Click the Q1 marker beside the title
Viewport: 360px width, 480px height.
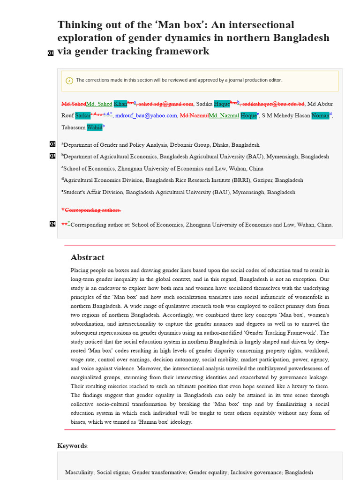[x=51, y=53]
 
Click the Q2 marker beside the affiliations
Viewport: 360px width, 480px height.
[x=52, y=144]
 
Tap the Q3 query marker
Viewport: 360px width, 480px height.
[x=52, y=156]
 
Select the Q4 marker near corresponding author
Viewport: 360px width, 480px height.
[x=52, y=224]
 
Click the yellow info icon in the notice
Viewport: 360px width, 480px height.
[x=69, y=80]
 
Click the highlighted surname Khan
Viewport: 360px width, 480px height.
[x=120, y=104]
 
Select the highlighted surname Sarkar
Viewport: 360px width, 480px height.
[x=82, y=115]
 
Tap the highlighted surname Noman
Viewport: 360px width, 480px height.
[x=320, y=115]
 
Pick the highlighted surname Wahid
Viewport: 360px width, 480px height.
[x=94, y=127]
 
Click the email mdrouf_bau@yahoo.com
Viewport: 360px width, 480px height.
[x=146, y=115]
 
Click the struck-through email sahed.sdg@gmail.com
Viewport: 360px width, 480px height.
[x=166, y=104]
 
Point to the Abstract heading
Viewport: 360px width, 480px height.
[x=87, y=257]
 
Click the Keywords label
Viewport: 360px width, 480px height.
[x=72, y=445]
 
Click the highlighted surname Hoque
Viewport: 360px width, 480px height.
[x=248, y=115]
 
